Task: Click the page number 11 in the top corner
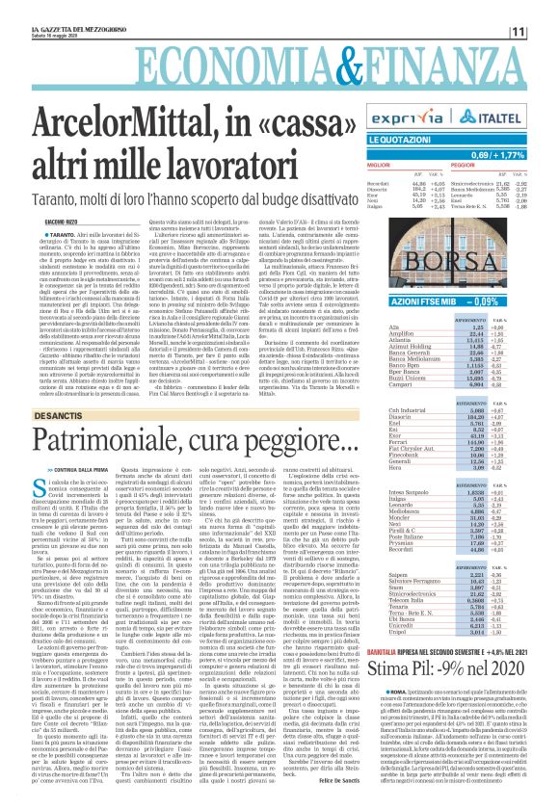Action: (545, 32)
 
